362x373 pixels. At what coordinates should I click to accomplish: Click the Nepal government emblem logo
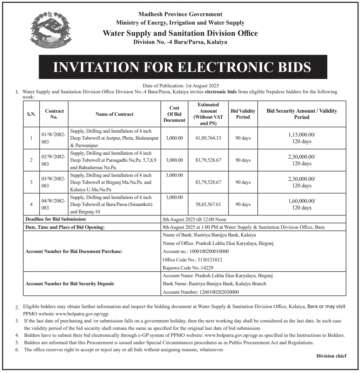coord(51,29)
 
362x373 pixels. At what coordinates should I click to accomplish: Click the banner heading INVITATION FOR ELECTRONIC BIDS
coord(182,67)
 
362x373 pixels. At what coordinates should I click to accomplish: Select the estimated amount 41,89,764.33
coord(208,138)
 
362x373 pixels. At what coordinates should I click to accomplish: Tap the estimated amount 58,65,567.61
coord(208,204)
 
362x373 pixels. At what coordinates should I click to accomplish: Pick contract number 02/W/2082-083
coord(53,160)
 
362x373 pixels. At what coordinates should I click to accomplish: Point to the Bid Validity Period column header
coord(243,114)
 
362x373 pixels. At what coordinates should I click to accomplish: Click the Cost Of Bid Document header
coord(174,114)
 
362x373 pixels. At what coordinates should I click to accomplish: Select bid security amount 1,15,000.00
coord(302,134)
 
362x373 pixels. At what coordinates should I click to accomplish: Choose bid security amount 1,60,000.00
coord(302,201)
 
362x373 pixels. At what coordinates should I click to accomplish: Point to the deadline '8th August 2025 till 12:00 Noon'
coord(194,219)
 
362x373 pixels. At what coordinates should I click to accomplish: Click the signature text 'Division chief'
coord(331,356)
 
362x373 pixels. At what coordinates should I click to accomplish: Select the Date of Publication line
coord(181,86)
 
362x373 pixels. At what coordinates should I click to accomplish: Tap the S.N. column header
coord(31,114)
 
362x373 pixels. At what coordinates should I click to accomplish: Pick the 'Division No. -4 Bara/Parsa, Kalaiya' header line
coord(180,42)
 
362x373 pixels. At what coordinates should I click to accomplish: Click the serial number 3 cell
coord(31,182)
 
